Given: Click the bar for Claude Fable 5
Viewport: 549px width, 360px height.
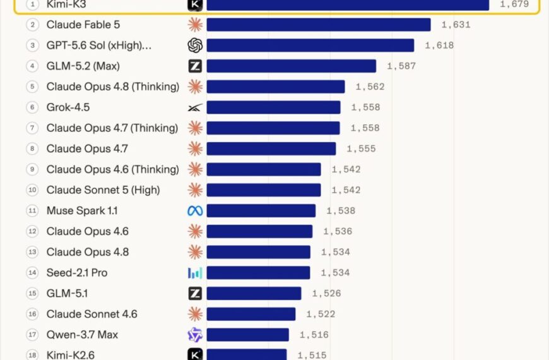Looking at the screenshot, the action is click(319, 25).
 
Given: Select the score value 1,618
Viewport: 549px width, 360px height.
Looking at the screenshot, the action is click(439, 45).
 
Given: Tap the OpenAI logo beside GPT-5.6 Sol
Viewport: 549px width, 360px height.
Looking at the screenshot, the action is click(195, 45).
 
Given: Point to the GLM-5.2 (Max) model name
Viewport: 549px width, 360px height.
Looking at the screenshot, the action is click(83, 66).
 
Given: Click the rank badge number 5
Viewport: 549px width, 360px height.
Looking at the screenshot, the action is click(32, 87).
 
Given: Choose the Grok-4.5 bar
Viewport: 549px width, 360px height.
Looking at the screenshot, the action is click(273, 107).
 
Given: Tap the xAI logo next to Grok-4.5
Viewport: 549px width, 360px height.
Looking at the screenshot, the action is click(195, 107).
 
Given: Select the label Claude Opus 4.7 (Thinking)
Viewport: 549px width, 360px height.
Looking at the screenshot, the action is click(112, 128).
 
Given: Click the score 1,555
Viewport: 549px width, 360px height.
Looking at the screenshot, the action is click(362, 149).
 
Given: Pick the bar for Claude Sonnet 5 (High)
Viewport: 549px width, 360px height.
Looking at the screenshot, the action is click(264, 190).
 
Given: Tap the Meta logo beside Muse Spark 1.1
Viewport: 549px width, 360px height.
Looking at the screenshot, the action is click(195, 211).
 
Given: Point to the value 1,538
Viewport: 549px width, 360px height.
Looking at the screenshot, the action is click(341, 211).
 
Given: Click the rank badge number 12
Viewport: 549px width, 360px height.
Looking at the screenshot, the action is click(32, 231).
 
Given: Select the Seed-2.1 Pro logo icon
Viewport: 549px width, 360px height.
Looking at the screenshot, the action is click(195, 273).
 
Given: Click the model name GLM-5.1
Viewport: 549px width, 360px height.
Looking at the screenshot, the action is click(67, 294).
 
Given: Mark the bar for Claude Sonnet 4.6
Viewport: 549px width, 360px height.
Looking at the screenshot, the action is click(251, 315).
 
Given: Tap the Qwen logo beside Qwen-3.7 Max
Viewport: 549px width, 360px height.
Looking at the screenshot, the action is click(195, 335).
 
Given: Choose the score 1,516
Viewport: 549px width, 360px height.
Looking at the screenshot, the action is click(314, 335).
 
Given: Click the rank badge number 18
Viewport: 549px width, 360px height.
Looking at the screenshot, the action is click(32, 355).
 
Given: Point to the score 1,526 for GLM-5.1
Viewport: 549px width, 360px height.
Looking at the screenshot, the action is click(327, 294).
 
